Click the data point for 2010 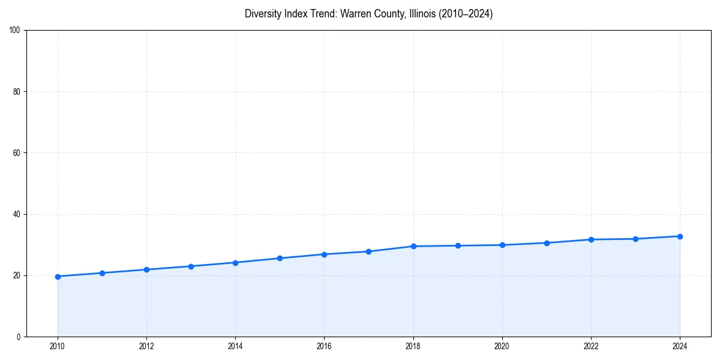click(x=58, y=277)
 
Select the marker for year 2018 click(x=413, y=246)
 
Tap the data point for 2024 click(x=680, y=236)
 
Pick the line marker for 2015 click(x=280, y=258)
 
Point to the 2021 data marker click(x=547, y=243)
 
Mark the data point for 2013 click(x=191, y=266)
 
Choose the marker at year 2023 click(x=635, y=239)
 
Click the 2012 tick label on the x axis click(x=146, y=346)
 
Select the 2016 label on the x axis click(x=324, y=346)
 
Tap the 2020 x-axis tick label click(x=502, y=346)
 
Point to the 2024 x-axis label click(x=680, y=346)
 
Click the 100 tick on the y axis click(x=16, y=31)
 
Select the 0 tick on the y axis click(x=19, y=337)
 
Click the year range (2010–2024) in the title click(x=466, y=14)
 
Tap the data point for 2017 click(x=368, y=251)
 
